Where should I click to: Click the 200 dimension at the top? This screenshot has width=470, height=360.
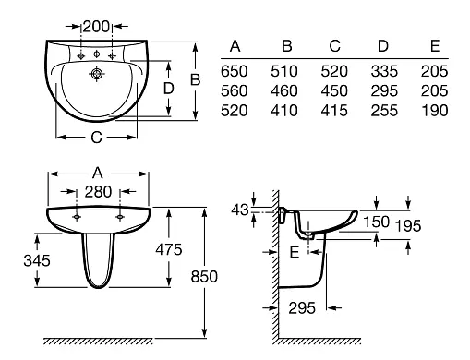(96, 27)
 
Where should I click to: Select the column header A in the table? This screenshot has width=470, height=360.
(235, 46)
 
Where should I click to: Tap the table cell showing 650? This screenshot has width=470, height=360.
(234, 71)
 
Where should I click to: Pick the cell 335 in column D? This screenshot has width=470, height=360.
(384, 71)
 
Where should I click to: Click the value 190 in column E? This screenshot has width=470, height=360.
(434, 111)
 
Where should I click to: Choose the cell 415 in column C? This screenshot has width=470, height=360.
(334, 111)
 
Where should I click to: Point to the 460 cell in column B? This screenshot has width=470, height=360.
(284, 91)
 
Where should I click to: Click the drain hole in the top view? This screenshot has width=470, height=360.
(97, 74)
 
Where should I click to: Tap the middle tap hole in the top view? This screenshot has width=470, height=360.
(97, 54)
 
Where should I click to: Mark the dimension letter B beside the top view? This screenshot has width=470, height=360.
(195, 79)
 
